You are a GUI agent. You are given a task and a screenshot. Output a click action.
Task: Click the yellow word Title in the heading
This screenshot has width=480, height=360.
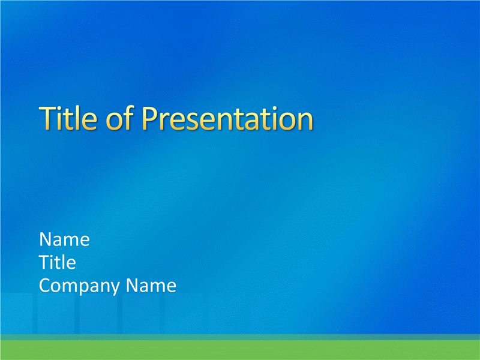tap(68, 118)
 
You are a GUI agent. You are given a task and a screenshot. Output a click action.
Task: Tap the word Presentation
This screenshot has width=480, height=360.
tap(227, 118)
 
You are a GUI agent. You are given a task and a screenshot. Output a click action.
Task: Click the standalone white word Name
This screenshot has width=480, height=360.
tap(64, 239)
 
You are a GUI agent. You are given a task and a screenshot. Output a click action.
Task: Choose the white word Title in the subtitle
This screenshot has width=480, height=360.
tap(57, 262)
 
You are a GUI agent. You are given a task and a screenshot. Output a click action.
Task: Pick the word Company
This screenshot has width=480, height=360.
tap(79, 286)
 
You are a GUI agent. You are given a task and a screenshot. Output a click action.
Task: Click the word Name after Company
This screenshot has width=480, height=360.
tap(151, 286)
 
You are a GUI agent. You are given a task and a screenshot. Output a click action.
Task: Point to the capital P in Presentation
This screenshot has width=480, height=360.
tap(150, 118)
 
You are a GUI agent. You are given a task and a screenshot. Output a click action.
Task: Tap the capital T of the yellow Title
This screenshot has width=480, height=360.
tap(47, 118)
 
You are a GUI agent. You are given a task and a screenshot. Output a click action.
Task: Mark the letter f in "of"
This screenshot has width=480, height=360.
tap(130, 118)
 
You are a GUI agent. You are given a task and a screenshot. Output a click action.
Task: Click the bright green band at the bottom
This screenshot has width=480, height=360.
tap(240, 350)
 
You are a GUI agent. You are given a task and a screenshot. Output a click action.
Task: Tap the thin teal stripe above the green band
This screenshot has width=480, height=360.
tap(240, 337)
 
